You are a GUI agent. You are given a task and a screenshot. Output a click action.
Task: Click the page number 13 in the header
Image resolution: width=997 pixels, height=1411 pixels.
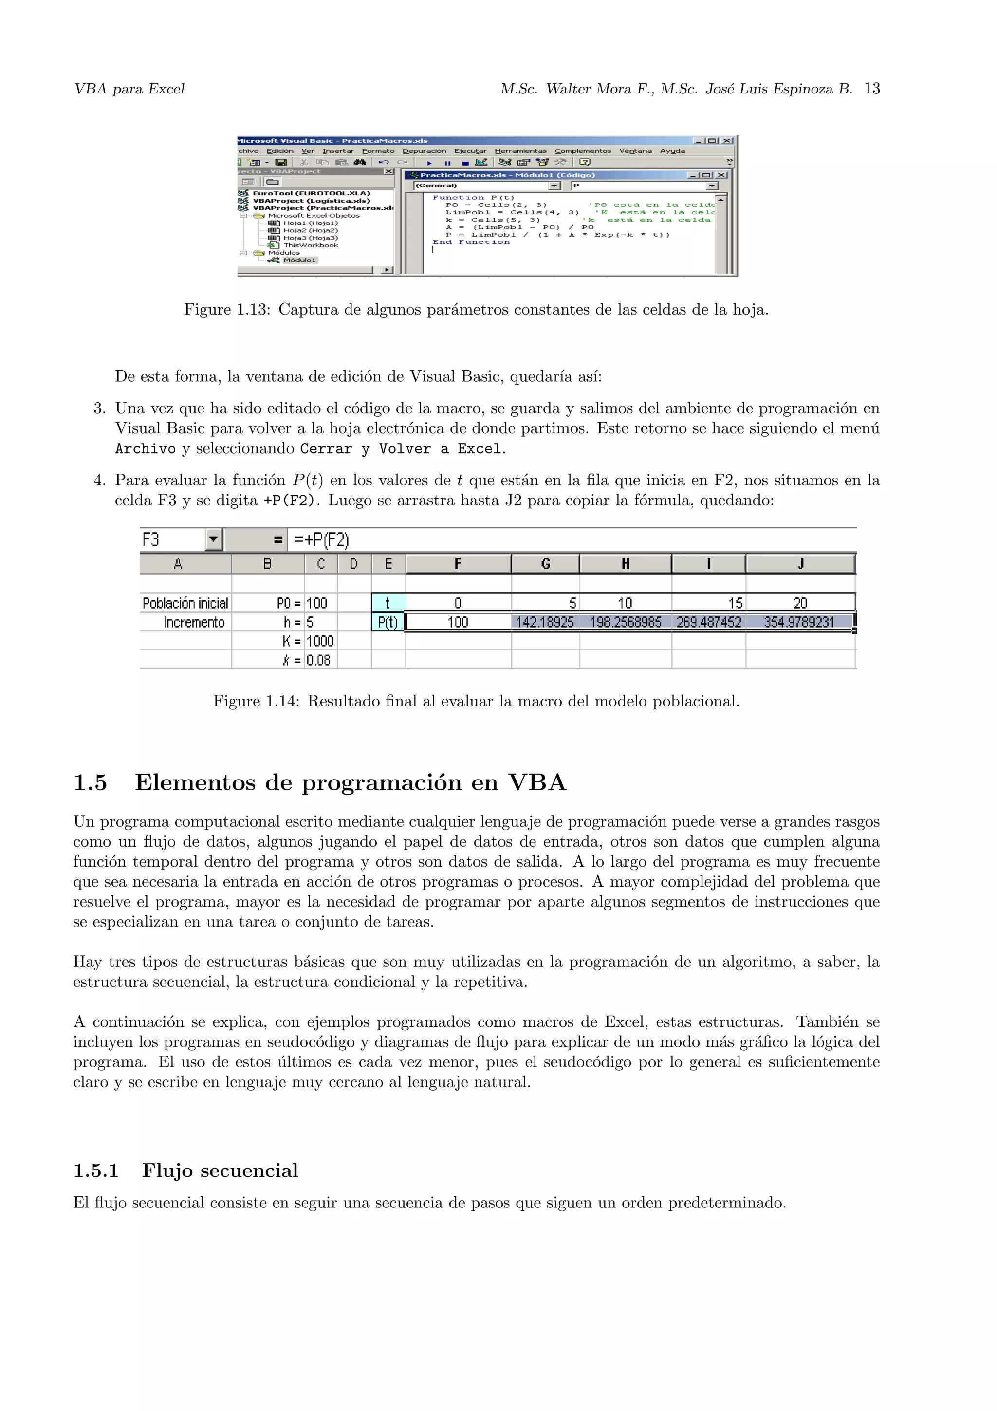pyautogui.click(x=872, y=89)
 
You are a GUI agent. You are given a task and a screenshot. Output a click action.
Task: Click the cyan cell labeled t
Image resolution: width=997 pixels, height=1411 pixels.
pyautogui.click(x=388, y=603)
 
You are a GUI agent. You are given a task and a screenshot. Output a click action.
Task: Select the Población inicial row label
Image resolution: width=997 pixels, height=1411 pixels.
pyautogui.click(x=185, y=603)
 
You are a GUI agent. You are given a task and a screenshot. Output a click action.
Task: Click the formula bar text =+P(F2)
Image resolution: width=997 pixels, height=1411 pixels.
pyautogui.click(x=321, y=539)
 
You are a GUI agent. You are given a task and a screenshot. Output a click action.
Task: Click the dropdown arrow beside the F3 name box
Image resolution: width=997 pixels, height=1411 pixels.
pyautogui.click(x=213, y=539)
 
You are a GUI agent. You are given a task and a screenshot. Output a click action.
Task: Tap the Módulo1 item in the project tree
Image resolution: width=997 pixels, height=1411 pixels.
pyautogui.click(x=299, y=260)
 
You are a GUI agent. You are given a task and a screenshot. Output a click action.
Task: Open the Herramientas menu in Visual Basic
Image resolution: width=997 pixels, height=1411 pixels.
pyautogui.click(x=520, y=151)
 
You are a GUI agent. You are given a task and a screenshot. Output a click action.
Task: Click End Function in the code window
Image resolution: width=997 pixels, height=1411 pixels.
pyautogui.click(x=471, y=242)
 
